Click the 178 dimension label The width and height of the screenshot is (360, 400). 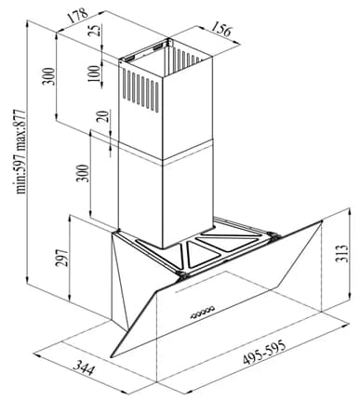pos(78,16)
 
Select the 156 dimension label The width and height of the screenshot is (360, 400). pos(221,31)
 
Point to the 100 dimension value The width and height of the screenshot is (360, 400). pos(95,73)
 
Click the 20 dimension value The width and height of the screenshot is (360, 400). pos(105,116)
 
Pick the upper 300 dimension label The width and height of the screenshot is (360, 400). pos(48,76)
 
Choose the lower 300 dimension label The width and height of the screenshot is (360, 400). pos(83,173)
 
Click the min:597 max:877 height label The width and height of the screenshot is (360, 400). pos(20,152)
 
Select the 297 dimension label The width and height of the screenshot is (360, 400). pos(62,258)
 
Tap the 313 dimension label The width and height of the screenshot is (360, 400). pos(341,253)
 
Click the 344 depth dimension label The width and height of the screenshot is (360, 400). pos(84,368)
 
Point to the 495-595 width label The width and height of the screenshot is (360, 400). pos(264,353)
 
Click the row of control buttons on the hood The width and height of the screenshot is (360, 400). pos(202,313)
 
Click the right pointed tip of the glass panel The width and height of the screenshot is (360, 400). pos(322,221)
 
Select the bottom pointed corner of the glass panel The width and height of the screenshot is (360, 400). pos(111,356)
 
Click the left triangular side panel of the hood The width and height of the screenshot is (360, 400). pos(119,279)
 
